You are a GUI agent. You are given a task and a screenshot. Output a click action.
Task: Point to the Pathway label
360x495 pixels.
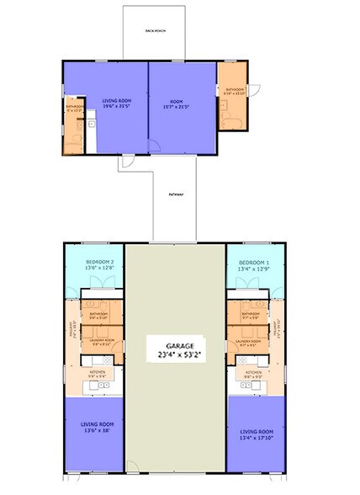point(176,195)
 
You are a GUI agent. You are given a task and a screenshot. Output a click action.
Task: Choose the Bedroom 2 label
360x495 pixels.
point(99,265)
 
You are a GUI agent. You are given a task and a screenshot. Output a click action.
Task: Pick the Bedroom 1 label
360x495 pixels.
point(253,265)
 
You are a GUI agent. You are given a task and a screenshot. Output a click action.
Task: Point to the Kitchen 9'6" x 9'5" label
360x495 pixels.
point(255,375)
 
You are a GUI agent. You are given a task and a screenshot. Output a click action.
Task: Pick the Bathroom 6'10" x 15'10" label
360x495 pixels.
point(232,91)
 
